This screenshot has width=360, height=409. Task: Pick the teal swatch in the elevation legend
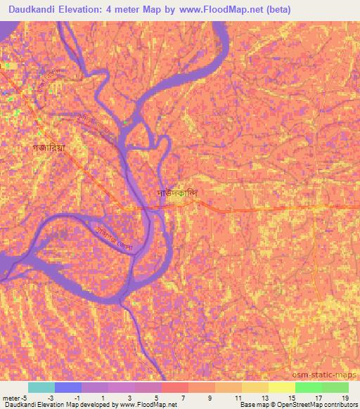coord(41,387)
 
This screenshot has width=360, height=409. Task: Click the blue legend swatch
coord(68,387)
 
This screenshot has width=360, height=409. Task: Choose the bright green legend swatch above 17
coord(308,387)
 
